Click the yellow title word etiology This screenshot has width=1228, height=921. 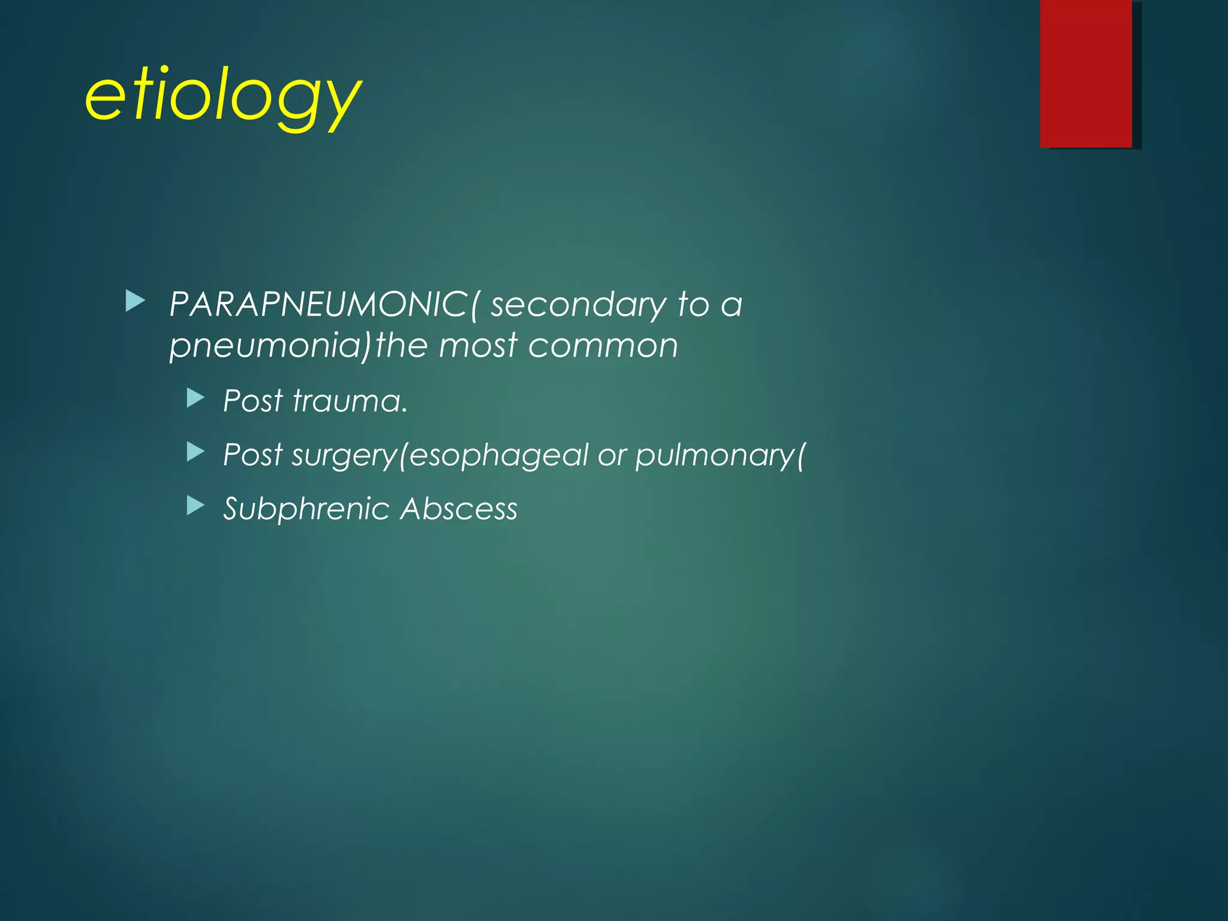[x=223, y=97]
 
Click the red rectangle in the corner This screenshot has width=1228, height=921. [x=1086, y=73]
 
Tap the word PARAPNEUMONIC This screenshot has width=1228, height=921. [x=318, y=305]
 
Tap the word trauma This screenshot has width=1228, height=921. [x=349, y=401]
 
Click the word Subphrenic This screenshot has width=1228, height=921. [x=306, y=509]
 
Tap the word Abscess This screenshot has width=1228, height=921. [x=459, y=509]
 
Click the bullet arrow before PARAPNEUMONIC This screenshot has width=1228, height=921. [x=136, y=302]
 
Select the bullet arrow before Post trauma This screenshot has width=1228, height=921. [x=195, y=398]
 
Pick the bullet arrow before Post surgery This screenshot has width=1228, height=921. [x=195, y=452]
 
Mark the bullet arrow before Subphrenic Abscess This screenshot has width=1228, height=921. [x=195, y=506]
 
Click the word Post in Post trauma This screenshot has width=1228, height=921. [x=252, y=401]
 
